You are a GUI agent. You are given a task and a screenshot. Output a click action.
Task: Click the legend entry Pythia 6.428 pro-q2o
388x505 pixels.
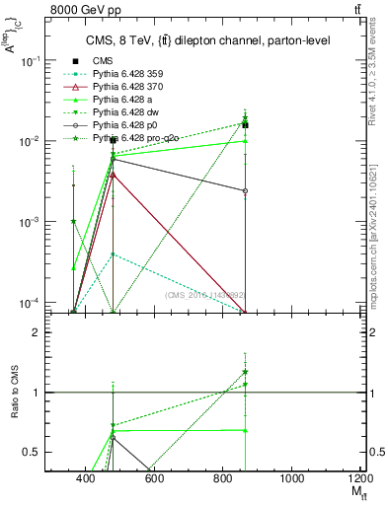click(139, 140)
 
